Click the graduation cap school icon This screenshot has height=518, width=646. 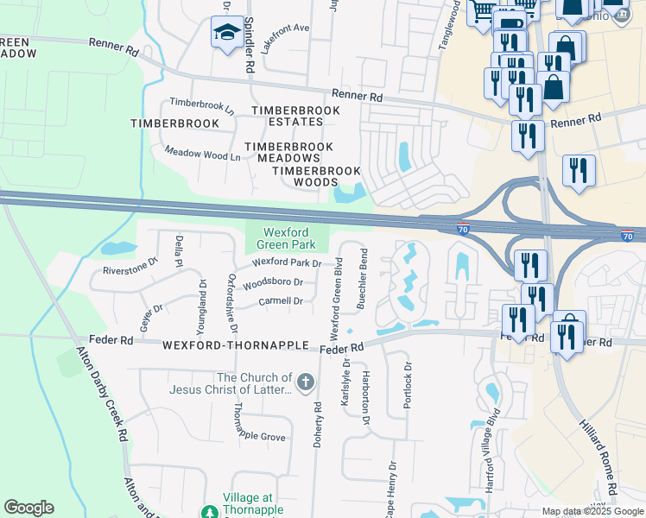click(x=226, y=33)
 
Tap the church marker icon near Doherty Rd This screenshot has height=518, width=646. click(x=305, y=382)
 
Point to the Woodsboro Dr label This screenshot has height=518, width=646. click(x=273, y=282)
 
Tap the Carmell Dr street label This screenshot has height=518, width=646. click(x=281, y=301)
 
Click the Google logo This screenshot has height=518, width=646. click(x=28, y=508)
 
